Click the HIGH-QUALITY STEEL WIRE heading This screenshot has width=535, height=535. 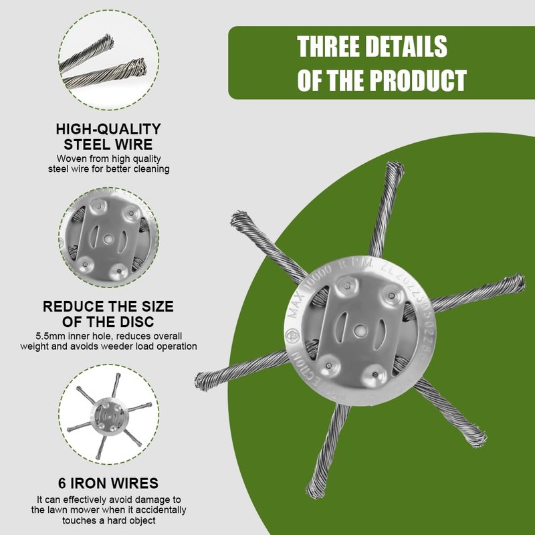coord(108,136)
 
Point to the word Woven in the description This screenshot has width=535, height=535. coord(71,158)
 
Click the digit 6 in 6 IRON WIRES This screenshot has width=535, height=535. coord(62,483)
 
